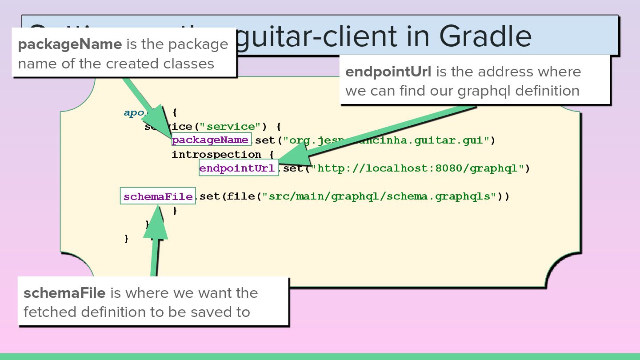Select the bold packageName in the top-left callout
[70, 44]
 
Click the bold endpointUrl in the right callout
[388, 72]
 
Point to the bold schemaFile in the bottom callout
[64, 293]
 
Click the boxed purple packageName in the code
[210, 140]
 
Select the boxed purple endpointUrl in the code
[237, 168]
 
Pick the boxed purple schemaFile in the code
[158, 196]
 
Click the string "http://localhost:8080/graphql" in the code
[417, 168]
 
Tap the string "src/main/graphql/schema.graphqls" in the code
[379, 196]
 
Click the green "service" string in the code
[230, 127]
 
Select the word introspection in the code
[216, 155]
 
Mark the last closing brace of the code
[126, 239]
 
